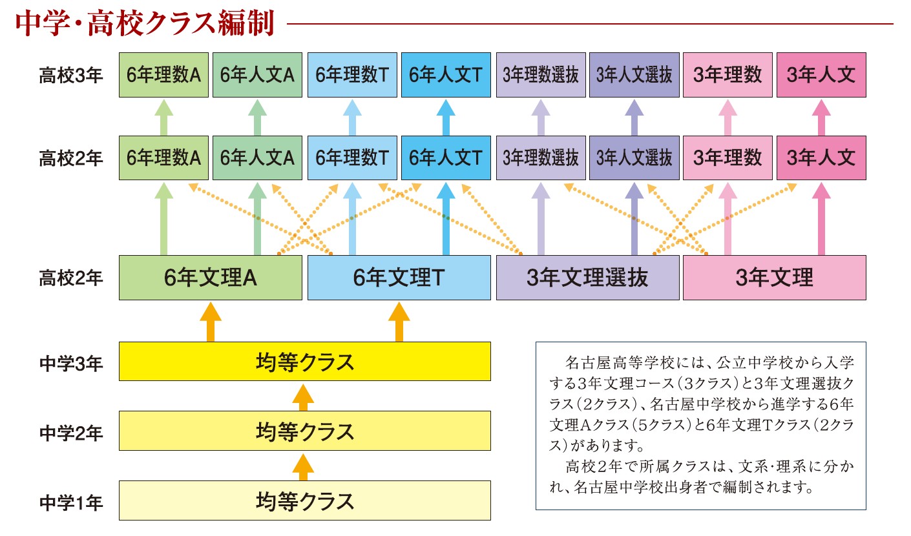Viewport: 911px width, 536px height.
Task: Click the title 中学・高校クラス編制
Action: [x=144, y=23]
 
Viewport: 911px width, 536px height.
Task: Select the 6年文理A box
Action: [x=210, y=278]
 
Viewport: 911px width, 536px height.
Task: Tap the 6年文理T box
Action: [x=399, y=278]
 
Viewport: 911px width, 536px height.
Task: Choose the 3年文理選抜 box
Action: [x=588, y=278]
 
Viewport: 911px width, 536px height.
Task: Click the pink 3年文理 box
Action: [x=774, y=278]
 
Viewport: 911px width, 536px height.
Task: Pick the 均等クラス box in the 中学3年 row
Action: [x=304, y=361]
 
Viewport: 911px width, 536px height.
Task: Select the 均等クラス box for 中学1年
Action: [x=304, y=500]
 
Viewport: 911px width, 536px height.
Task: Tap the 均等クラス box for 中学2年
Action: [x=304, y=431]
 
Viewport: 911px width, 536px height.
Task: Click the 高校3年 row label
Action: [x=71, y=76]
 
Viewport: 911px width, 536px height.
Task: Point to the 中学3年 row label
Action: [x=71, y=364]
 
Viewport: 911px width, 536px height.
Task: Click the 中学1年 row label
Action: [x=71, y=502]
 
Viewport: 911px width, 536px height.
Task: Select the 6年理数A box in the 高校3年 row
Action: [x=163, y=75]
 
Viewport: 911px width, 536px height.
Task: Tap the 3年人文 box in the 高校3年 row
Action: [x=821, y=75]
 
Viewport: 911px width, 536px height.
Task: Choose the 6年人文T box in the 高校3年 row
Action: [x=446, y=75]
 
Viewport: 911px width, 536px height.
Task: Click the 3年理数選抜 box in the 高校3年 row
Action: [x=541, y=75]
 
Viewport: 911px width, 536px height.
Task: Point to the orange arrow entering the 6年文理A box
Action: [x=210, y=322]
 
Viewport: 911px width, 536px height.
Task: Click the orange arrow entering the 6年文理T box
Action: [x=399, y=322]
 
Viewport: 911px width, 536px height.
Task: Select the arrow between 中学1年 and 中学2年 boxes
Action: [x=303, y=467]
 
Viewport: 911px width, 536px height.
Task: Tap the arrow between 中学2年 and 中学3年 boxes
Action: [x=303, y=397]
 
